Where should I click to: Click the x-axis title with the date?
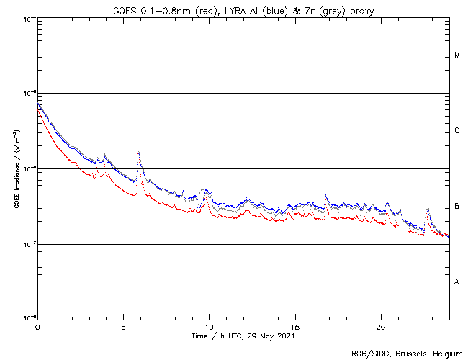(243, 336)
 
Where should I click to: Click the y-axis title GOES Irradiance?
(15, 168)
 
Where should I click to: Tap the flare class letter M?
(457, 55)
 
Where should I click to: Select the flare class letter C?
(457, 131)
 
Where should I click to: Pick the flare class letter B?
(457, 207)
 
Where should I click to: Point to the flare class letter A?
(457, 282)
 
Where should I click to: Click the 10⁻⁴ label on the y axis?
(29, 18)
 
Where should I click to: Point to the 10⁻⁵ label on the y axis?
(29, 93)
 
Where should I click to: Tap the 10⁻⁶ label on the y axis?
(29, 168)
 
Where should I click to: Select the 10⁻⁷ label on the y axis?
(29, 244)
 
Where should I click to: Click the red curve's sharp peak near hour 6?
(138, 152)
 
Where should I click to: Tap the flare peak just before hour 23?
(428, 210)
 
